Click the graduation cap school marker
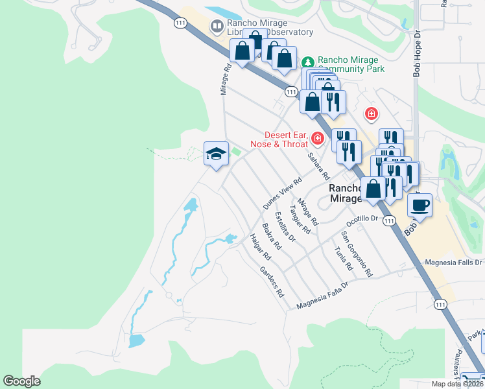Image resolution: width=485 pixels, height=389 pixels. click(x=216, y=154)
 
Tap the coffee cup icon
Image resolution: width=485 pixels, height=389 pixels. click(x=420, y=206)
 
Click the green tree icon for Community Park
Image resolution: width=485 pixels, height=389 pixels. click(x=307, y=63)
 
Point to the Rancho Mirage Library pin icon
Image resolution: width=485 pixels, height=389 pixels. click(x=216, y=27)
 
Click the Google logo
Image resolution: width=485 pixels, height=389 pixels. click(x=21, y=381)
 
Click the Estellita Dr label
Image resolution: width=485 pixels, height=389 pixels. click(x=285, y=227)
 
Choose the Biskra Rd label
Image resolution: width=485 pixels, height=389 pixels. click(x=271, y=237)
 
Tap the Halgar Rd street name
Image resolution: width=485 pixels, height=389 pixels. click(x=259, y=247)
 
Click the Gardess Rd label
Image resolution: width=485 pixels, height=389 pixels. click(x=272, y=281)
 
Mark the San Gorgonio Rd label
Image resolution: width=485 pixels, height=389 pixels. click(x=357, y=253)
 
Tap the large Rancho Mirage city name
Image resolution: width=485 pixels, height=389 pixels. click(x=351, y=194)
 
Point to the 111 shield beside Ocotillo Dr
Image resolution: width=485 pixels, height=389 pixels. click(x=388, y=221)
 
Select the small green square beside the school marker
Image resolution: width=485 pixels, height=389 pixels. click(x=237, y=152)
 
